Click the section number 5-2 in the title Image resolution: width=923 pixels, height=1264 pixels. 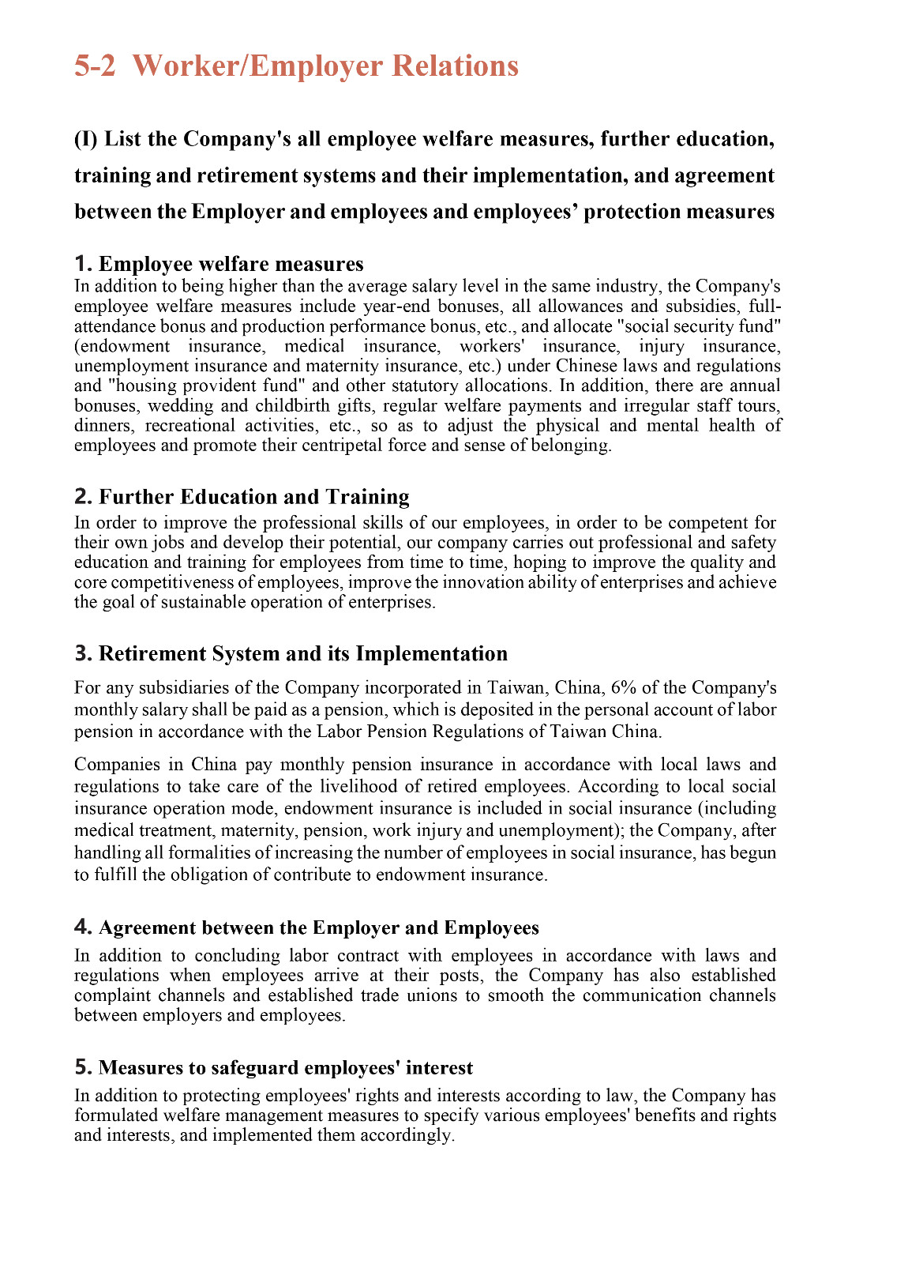click(x=95, y=66)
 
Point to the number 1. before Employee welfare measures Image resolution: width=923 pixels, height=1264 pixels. click(x=83, y=264)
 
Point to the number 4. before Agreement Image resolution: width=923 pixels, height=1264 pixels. click(x=83, y=927)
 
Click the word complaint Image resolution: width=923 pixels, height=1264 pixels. click(x=112, y=995)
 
